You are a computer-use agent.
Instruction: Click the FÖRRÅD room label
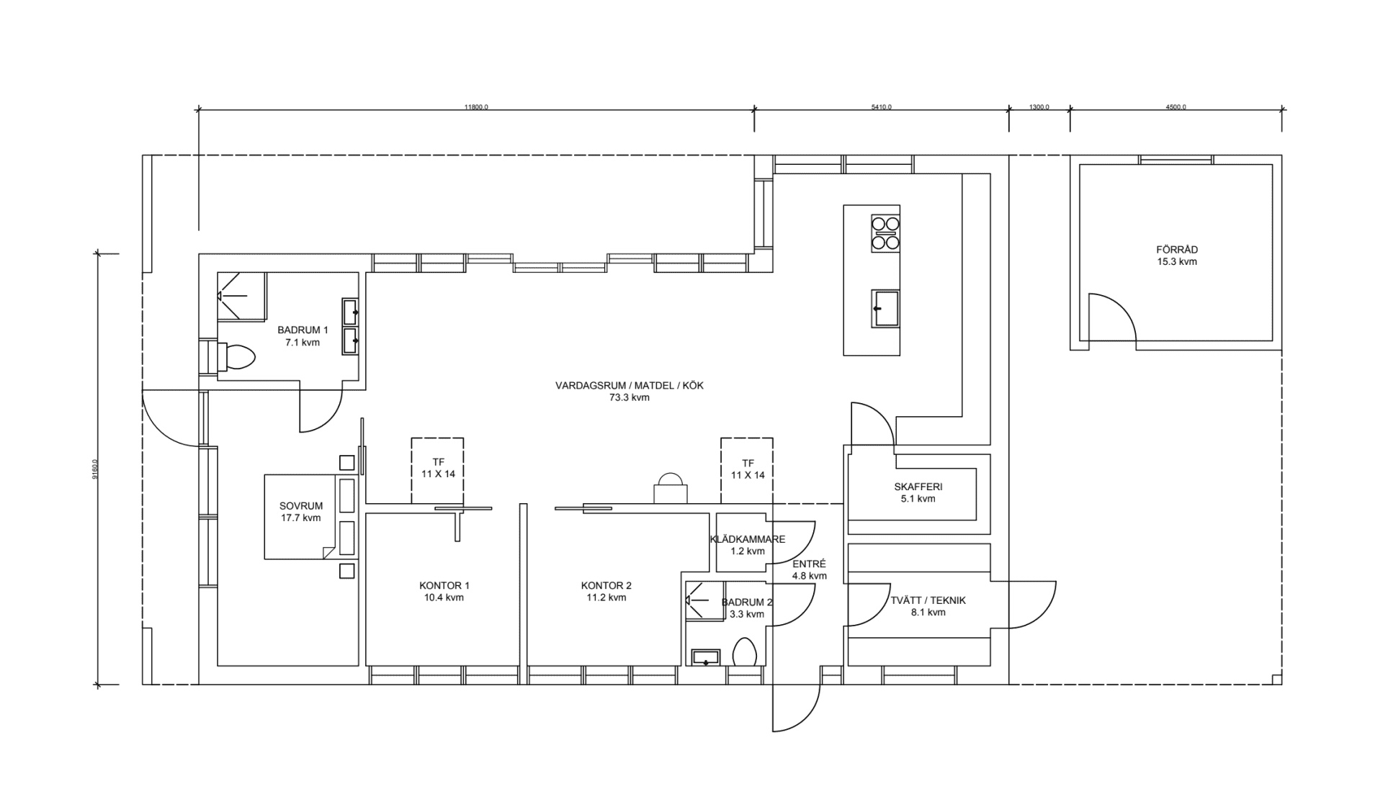point(1176,250)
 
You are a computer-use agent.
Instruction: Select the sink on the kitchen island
point(885,308)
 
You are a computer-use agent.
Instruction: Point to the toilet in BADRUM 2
point(744,652)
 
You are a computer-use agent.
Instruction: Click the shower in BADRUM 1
point(241,296)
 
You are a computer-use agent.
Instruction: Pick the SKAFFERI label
point(918,487)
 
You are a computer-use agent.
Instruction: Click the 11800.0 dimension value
point(476,107)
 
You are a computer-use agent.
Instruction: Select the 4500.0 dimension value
point(1175,107)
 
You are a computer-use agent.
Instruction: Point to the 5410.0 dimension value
point(881,107)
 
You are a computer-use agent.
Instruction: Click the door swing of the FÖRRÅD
point(1111,318)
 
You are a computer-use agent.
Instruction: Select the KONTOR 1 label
point(444,585)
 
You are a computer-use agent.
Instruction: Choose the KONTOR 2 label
point(606,585)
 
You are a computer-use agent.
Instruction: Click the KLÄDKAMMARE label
point(747,539)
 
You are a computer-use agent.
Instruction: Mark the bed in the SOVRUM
point(301,516)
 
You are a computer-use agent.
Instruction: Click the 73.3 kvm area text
point(629,397)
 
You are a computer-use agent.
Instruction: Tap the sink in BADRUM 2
point(705,657)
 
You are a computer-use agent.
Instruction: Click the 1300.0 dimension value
point(1039,107)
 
